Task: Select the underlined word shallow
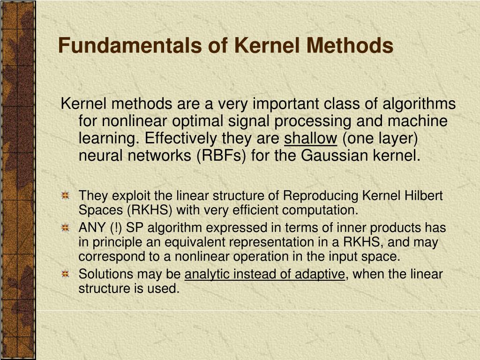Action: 311,139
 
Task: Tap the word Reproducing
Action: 313,195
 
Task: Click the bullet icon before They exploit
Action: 66,195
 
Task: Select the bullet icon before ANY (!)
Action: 66,228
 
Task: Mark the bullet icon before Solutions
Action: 66,274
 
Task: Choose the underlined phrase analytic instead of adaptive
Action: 265,274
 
